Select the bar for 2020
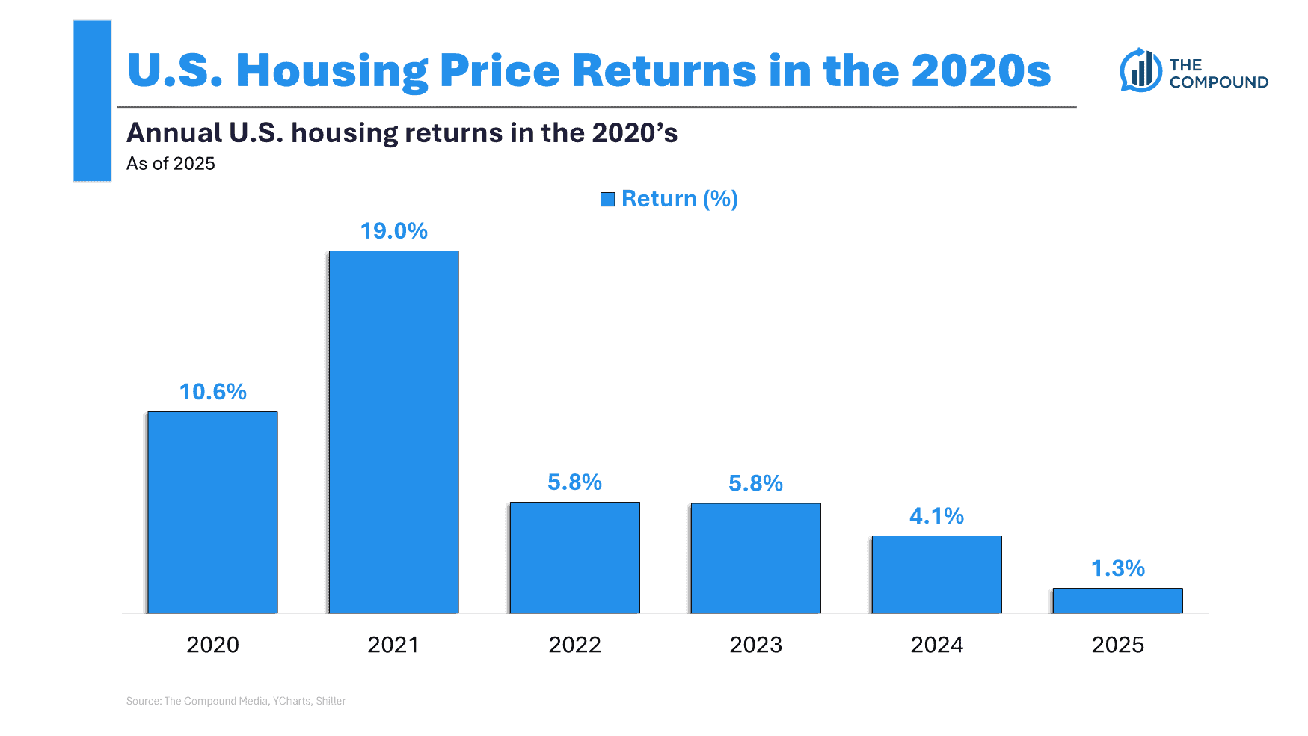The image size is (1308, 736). point(212,512)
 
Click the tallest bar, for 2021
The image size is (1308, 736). point(393,432)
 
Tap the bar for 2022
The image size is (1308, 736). point(574,557)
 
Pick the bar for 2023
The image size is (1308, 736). point(755,558)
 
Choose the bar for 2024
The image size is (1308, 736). point(936,574)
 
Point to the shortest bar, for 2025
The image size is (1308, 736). point(1117,601)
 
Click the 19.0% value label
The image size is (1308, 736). point(393,231)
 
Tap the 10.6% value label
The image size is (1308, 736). point(212,392)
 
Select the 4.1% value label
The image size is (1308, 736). point(936,516)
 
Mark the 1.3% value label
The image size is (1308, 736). point(1117,568)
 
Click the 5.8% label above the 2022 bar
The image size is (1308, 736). point(574,482)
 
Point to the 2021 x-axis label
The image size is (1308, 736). point(393,645)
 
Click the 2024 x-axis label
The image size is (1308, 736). point(936,645)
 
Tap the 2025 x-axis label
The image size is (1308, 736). point(1117,645)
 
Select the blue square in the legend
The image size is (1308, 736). point(608,199)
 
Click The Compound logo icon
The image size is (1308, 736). point(1140,70)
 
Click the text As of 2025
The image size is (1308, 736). point(171,164)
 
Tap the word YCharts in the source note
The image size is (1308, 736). point(292,701)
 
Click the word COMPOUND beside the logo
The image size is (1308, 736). point(1218,82)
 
